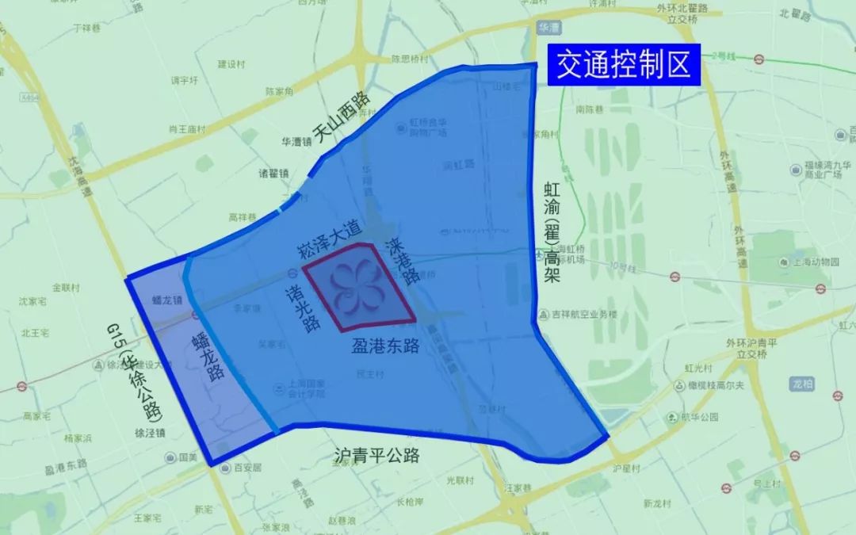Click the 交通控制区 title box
pos(624,64)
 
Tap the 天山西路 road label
pos(342,118)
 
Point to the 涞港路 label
pos(401,261)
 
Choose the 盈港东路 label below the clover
pos(385,346)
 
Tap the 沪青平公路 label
pos(376,457)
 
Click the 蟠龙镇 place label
pos(167,300)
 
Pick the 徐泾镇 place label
pos(150,434)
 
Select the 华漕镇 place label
pos(296,143)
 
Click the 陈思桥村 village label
pos(410,59)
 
